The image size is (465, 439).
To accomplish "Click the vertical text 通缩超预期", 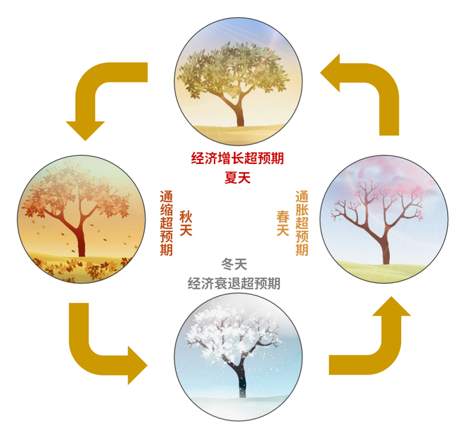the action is click(166, 223).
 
